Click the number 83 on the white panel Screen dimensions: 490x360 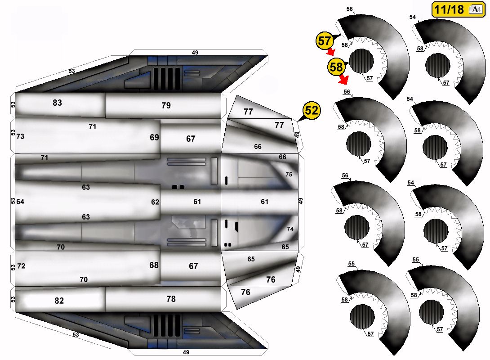[57, 103]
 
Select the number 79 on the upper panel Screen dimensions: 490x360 [166, 105]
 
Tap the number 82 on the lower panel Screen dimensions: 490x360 [59, 301]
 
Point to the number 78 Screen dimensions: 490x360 [171, 299]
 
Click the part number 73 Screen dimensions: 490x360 [20, 136]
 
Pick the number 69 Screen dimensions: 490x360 [154, 137]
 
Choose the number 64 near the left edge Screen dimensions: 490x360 [20, 202]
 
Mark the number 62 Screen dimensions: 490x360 [155, 202]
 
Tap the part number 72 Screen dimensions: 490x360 [21, 266]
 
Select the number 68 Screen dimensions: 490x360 [154, 265]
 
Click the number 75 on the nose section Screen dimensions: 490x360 [289, 175]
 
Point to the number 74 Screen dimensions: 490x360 [290, 229]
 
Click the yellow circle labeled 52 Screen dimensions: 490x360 [312, 110]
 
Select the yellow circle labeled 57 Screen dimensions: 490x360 [325, 40]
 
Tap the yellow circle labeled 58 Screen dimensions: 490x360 [336, 67]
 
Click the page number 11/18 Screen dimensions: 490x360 [449, 9]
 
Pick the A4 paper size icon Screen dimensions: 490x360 [476, 9]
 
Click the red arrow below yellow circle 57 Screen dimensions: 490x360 [331, 52]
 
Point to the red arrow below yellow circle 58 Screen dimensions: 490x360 [343, 80]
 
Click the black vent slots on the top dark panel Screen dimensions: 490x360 [166, 78]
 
